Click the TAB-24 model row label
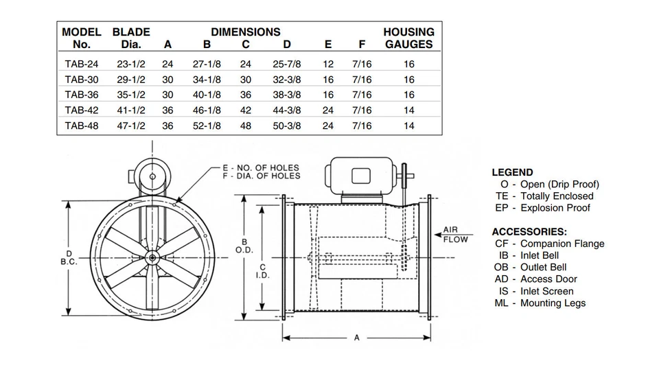pyautogui.click(x=81, y=64)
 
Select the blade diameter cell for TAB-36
pyautogui.click(x=130, y=95)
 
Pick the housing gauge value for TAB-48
pyautogui.click(x=408, y=126)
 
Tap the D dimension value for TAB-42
pyautogui.click(x=287, y=110)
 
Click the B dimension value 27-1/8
pyautogui.click(x=206, y=64)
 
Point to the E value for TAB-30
pyautogui.click(x=328, y=80)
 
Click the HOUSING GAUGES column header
pyautogui.click(x=408, y=38)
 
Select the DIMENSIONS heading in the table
pyautogui.click(x=245, y=32)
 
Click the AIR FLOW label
pyautogui.click(x=455, y=235)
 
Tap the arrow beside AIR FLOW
pyautogui.click(x=438, y=235)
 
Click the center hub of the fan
pyautogui.click(x=152, y=257)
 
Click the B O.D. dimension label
pyautogui.click(x=244, y=246)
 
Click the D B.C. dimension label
pyautogui.click(x=69, y=257)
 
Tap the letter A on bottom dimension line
pyautogui.click(x=357, y=338)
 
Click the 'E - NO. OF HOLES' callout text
pyautogui.click(x=260, y=167)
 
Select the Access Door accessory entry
pyautogui.click(x=535, y=279)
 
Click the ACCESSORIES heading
pyautogui.click(x=529, y=232)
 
